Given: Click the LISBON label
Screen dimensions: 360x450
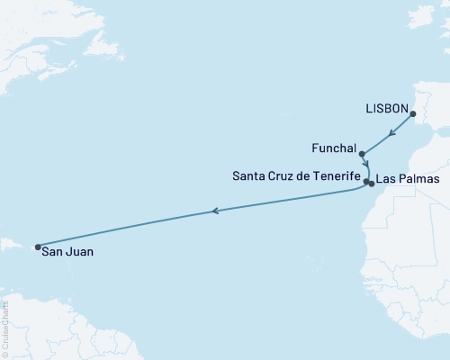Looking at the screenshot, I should coord(385,105).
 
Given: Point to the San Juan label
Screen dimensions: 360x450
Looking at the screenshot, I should coord(67,253).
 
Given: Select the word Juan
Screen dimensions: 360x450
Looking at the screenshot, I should coord(79,253).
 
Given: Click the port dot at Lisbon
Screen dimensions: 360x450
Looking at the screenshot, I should coord(413,114).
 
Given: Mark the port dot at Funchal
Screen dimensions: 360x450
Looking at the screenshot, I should coord(362,154).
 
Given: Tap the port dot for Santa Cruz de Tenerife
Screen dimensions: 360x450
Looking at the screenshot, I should coord(366,182).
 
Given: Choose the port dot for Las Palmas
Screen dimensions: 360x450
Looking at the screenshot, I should coord(372,184).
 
